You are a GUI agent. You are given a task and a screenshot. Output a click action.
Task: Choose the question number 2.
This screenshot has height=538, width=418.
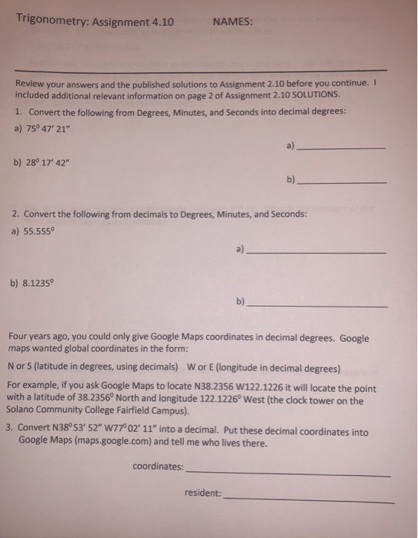[17, 214]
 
